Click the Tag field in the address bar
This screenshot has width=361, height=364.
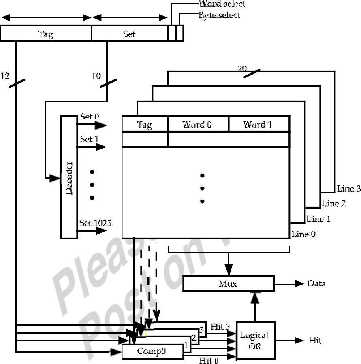[x=46, y=34]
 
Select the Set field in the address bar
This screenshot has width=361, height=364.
[x=129, y=34]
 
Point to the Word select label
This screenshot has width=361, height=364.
[x=222, y=4]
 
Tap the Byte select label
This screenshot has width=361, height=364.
[x=219, y=15]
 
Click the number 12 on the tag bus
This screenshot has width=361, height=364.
[x=5, y=76]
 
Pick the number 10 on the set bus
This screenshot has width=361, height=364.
[x=96, y=76]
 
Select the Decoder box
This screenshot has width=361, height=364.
[x=69, y=177]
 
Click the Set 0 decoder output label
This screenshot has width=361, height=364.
[x=89, y=117]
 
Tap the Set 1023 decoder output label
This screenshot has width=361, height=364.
[x=96, y=222]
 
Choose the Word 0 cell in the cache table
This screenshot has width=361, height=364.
[x=198, y=124]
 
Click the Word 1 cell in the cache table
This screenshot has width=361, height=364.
[x=259, y=124]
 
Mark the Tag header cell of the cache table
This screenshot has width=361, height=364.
[x=145, y=124]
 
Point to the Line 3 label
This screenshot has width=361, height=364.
[x=348, y=188]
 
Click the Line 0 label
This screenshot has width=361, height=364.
[x=303, y=234]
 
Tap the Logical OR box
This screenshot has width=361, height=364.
[x=255, y=341]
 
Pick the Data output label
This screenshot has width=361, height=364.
[x=316, y=283]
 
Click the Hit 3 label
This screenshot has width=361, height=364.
[x=220, y=327]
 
